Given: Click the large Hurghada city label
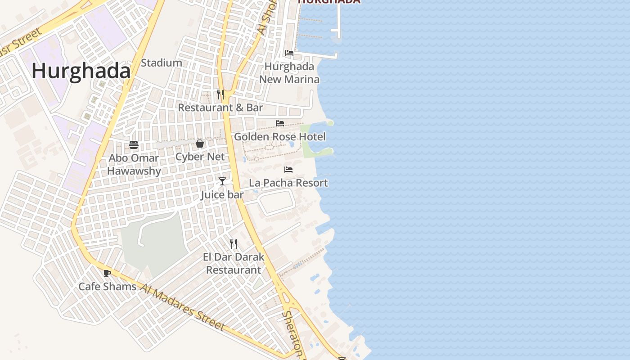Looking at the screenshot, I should coord(81,71).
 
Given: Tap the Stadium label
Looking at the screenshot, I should coord(161,63).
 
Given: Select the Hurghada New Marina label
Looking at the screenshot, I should coord(289,73).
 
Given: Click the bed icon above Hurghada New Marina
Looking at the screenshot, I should coord(289,53).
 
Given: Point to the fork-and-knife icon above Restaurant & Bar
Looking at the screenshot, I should coord(220,94).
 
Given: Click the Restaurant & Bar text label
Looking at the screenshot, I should coord(220,108).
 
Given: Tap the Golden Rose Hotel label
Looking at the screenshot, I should coord(279,136).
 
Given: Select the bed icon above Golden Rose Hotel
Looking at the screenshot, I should coord(280,123).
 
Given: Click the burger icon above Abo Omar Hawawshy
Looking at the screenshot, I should coord(134,145).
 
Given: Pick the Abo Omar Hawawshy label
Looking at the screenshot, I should coord(134,164).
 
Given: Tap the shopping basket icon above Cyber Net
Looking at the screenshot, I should coord(200,144).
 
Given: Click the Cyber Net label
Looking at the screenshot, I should coord(200,157).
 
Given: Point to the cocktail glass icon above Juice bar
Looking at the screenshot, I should coord(222,181).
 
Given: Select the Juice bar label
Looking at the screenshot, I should coord(222,195).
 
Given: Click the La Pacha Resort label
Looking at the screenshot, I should coord(288,183).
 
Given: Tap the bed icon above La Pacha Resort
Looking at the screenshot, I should coord(288,170).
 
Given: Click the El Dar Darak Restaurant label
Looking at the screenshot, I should coord(234,263).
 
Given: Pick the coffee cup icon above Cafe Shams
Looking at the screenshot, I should coord(107,273).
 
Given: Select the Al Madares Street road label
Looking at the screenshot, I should coord(182,307).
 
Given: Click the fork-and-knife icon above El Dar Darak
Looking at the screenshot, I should coord(234,244).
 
